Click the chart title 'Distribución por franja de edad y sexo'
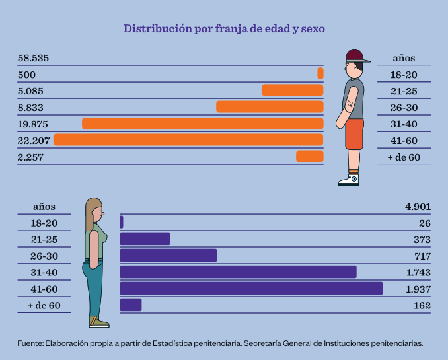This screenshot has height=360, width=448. coord(224,29)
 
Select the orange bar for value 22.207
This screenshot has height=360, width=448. coord(188,139)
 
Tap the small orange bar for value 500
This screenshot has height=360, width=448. coord(320,73)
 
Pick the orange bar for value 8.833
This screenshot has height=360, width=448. coord(270,107)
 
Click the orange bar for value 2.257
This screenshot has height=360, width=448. coord(309,156)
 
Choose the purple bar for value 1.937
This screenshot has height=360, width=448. coord(251,288)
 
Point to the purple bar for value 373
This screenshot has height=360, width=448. coord(145,239)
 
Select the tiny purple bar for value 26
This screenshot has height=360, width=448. coord(122,223)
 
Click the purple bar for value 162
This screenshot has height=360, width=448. coord(130,305)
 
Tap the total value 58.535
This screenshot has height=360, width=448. coord(34,59)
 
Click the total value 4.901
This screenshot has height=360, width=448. coord(418,207)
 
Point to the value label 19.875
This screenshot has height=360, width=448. coord(33,124)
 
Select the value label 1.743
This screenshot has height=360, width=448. coord(418,272)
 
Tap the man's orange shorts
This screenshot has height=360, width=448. coord(354,134)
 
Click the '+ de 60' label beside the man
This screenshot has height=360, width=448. coord(404,157)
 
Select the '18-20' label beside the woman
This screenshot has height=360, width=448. coord(44,223)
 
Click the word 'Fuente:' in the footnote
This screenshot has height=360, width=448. coord(29,343)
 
